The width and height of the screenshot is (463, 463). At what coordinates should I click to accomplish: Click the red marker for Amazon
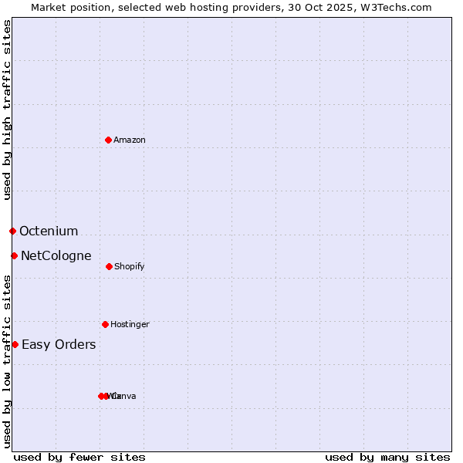(108, 140)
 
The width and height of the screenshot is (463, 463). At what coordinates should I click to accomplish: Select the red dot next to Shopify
(109, 266)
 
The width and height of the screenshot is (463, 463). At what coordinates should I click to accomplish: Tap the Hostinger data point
(105, 324)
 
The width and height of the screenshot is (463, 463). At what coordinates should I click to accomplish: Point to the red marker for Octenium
(12, 231)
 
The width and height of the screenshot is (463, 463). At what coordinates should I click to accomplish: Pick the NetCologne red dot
(14, 255)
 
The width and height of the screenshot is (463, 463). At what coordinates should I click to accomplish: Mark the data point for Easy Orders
(15, 344)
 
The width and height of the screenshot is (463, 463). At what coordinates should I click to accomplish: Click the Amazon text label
(130, 140)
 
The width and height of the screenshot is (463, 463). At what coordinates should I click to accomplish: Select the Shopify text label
(130, 266)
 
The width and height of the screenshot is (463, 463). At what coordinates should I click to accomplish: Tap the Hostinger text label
(130, 324)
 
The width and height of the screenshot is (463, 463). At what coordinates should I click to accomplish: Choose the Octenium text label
(49, 231)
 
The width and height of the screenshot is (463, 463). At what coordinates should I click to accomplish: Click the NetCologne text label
(56, 255)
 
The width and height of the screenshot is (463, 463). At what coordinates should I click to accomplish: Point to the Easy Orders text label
(59, 344)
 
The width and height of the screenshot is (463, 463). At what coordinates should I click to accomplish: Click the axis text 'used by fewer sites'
(79, 457)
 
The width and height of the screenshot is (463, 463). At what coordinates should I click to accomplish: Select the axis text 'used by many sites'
(387, 457)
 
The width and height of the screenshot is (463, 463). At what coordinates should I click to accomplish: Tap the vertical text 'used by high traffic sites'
(7, 110)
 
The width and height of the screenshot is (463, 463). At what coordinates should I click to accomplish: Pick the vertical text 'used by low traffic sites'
(7, 361)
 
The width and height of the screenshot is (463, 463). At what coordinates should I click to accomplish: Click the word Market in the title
(49, 7)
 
